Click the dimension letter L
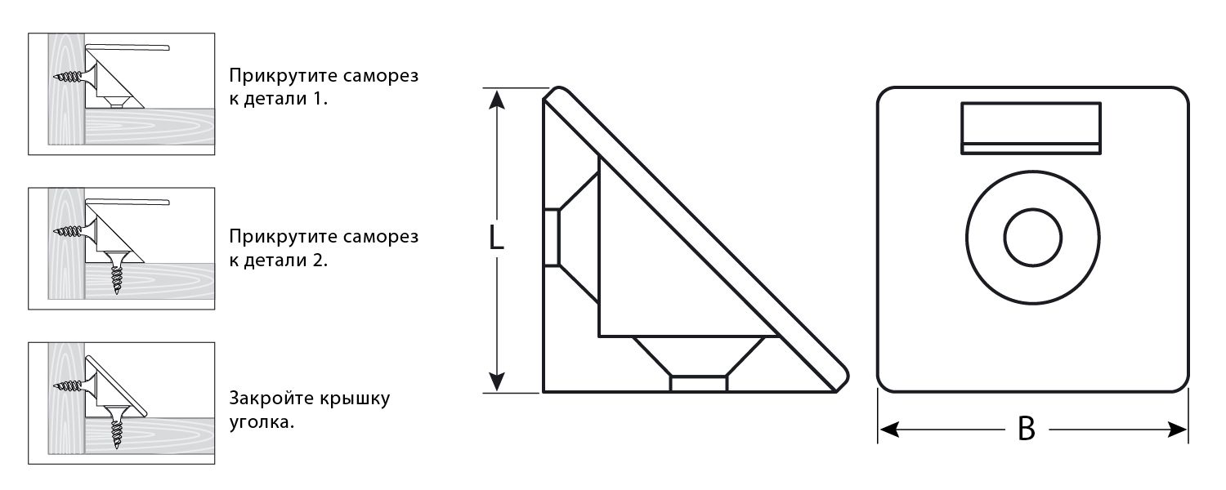coord(495,238)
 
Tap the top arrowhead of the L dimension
coord(495,99)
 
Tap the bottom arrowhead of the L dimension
coord(495,381)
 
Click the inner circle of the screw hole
coord(1033,237)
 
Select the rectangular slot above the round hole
coord(1030,127)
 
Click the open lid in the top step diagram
coord(128,48)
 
